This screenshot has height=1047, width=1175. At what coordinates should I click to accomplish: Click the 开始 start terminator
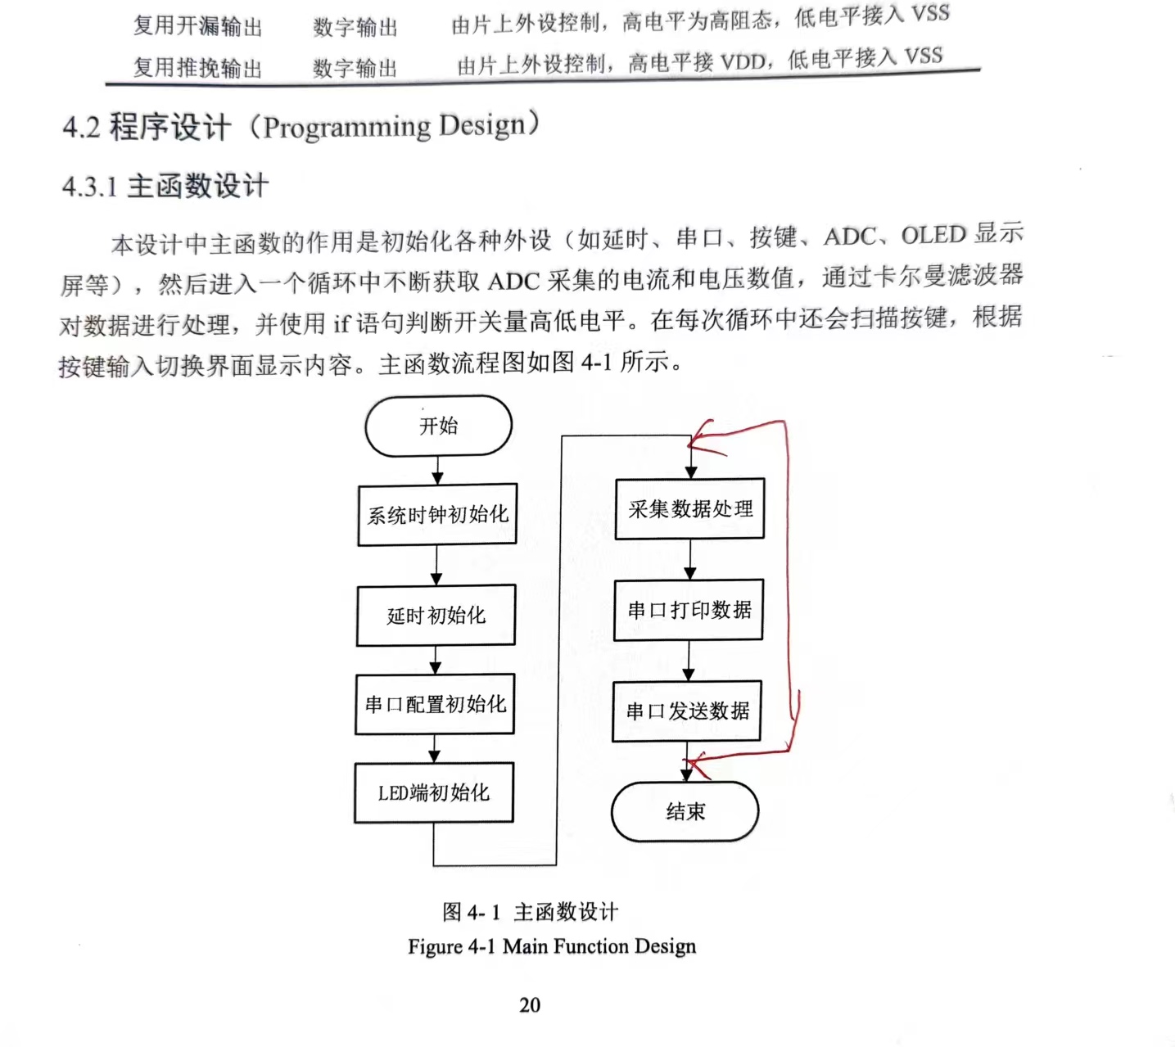[438, 426]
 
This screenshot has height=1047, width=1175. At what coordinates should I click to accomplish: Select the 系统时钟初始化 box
[437, 515]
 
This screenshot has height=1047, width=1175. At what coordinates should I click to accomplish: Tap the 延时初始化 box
[436, 615]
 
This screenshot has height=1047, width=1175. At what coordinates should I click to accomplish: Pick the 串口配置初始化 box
[435, 704]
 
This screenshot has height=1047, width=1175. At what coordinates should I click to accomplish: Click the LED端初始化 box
[434, 792]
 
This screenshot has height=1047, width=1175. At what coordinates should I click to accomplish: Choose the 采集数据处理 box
[689, 508]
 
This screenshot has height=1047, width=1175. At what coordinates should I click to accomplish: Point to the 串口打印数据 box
[689, 610]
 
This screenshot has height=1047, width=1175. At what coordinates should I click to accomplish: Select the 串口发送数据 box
[687, 711]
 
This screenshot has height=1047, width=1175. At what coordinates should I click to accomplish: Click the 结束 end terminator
[685, 811]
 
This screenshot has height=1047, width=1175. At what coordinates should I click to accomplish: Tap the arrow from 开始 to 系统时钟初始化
[438, 470]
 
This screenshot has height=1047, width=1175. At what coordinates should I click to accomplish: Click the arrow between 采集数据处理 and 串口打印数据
[689, 559]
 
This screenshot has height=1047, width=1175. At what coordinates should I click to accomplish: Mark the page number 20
[530, 1004]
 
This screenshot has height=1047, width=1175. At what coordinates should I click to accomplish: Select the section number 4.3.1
[90, 187]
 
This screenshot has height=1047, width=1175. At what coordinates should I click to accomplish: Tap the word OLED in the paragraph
[933, 236]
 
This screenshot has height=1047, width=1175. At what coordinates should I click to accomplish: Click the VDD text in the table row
[743, 61]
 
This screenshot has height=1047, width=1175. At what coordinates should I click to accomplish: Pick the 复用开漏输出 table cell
[197, 26]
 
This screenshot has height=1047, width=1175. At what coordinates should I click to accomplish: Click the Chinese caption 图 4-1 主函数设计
[530, 911]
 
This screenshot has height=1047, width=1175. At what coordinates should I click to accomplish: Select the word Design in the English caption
[665, 946]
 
